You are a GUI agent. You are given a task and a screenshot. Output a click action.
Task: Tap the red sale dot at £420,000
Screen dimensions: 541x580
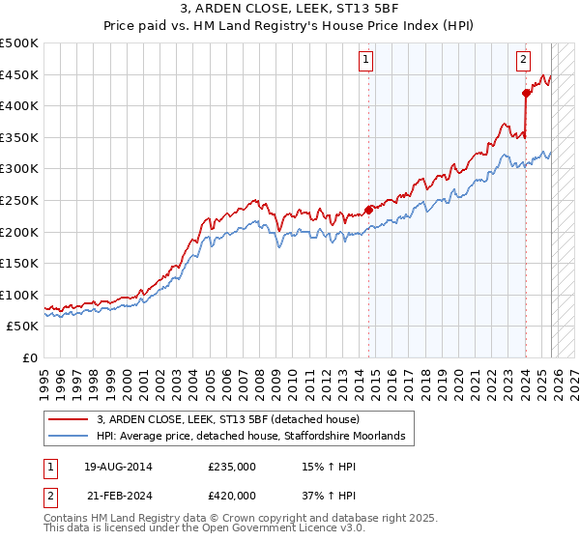point(526,94)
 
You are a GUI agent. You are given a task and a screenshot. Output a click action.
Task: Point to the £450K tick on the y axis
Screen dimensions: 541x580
point(20,74)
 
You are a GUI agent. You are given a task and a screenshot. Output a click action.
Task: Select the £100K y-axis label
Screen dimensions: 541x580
point(20,295)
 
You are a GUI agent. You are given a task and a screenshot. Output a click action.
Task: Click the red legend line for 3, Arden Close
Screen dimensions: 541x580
point(69,419)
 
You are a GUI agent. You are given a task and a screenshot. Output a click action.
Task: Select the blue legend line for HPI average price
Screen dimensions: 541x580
point(69,437)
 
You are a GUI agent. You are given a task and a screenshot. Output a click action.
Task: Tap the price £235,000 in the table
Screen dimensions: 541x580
point(232,467)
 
